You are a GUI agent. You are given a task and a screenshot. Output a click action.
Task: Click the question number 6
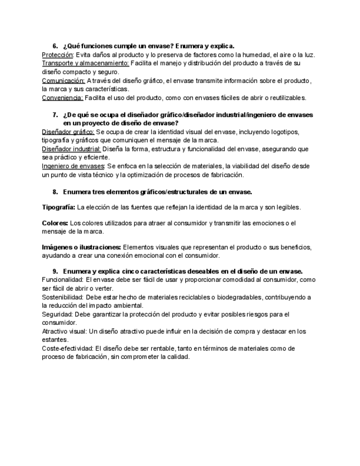(x=55, y=46)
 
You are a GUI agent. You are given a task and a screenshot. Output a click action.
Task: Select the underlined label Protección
(x=58, y=55)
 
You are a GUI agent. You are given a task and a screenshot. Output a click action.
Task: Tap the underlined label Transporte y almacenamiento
(x=85, y=63)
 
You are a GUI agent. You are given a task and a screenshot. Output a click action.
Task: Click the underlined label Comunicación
(x=63, y=81)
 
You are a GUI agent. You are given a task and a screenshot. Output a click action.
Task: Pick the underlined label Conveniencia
(x=63, y=98)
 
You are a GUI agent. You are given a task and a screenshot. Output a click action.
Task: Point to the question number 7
(x=55, y=115)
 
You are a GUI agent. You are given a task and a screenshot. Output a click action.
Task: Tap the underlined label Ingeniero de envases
(x=73, y=166)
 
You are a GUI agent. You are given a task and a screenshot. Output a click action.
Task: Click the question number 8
(x=55, y=192)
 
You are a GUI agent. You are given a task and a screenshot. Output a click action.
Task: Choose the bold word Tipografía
(x=58, y=207)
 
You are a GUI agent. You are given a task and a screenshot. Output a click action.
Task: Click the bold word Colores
(x=55, y=223)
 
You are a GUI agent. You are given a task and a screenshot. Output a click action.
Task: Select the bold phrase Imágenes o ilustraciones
(x=81, y=247)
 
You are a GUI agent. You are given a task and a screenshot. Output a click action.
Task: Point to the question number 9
(x=55, y=271)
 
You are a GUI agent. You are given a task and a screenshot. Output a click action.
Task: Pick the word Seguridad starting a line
(x=57, y=314)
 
